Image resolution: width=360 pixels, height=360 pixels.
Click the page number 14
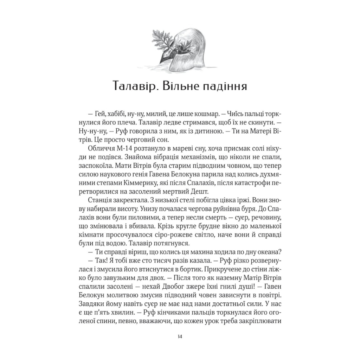tap(180, 336)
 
